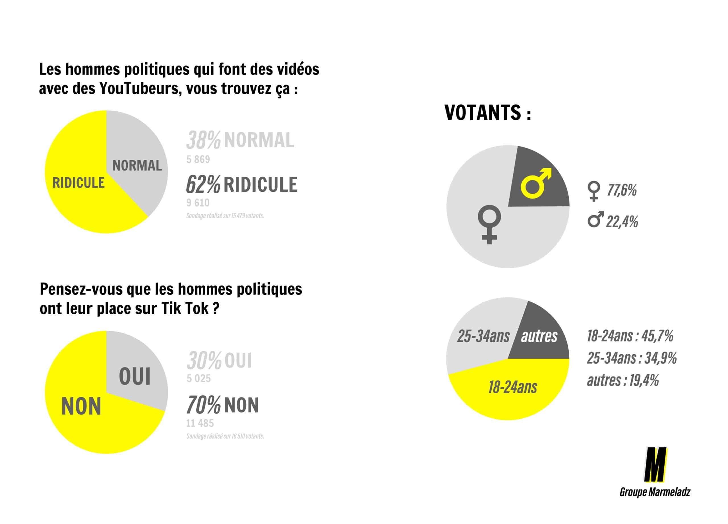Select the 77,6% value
622,190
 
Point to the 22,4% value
622,222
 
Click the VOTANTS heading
487,113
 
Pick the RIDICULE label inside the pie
79,183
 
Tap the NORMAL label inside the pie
137,166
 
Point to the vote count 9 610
198,203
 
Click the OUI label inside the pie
135,377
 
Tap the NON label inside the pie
81,406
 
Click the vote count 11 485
200,423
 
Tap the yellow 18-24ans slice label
513,387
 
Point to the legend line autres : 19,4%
623,380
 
